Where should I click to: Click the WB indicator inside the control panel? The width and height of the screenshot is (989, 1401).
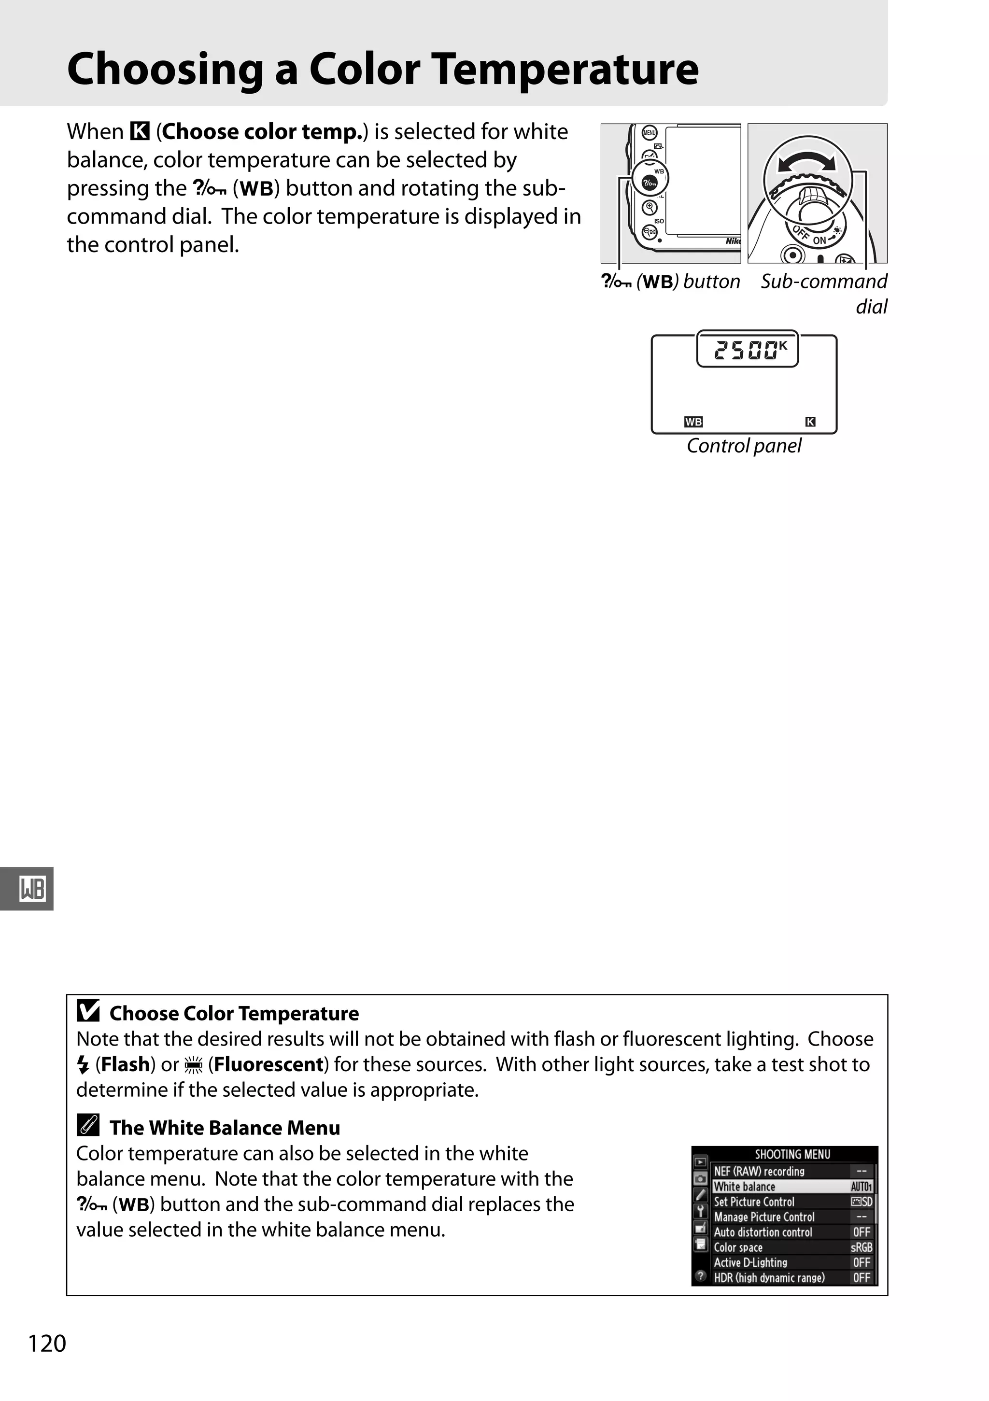point(693,422)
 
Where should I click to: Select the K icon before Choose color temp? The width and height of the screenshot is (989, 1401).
point(140,131)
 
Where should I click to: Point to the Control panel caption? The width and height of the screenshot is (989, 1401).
point(744,446)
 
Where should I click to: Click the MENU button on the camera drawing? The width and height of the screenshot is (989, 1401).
point(649,132)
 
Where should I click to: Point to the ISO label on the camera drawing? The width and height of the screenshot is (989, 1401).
point(659,221)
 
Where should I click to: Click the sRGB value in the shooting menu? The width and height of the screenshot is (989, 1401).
point(861,1247)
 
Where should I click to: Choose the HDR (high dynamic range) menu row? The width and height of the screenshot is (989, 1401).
point(792,1277)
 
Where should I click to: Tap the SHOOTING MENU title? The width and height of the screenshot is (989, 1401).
point(792,1154)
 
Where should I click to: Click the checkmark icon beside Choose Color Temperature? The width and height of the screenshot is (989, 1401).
point(88,1011)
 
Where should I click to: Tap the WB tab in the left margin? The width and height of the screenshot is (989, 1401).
point(32,889)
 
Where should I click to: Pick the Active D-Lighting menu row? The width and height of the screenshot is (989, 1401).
point(792,1262)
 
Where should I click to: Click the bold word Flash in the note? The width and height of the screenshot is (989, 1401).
point(126,1064)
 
